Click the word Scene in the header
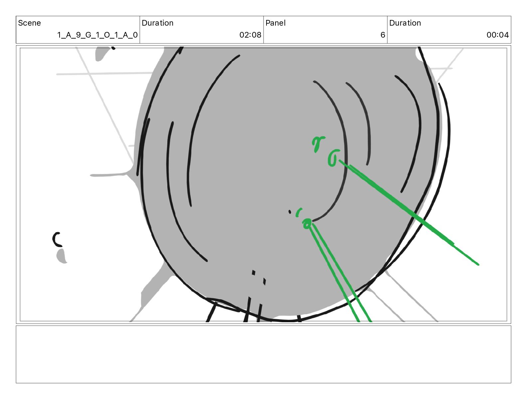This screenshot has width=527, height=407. click(x=29, y=23)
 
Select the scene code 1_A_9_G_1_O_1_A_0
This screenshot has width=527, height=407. click(x=97, y=35)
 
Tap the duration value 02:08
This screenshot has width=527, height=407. click(x=250, y=35)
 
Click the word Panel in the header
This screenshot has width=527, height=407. click(x=275, y=23)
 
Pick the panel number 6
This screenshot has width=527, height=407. click(x=383, y=35)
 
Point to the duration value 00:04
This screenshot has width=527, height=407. click(x=498, y=35)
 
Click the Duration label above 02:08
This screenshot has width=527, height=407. click(x=158, y=23)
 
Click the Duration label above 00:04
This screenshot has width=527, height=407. click(x=405, y=23)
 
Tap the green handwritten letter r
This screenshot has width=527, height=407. click(x=318, y=144)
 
